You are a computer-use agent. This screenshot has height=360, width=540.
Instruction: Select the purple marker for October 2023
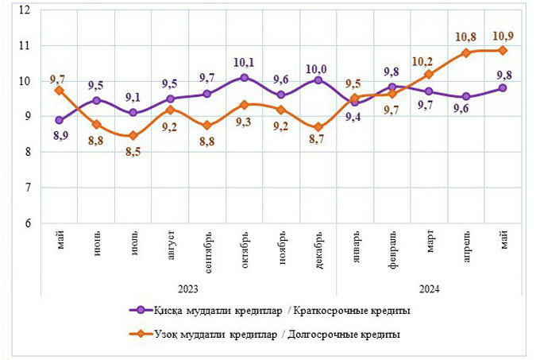244,78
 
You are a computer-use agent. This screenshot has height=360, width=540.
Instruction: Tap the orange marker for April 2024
466,53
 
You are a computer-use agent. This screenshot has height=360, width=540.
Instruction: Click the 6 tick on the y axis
26,223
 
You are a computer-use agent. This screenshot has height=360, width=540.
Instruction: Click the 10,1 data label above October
244,61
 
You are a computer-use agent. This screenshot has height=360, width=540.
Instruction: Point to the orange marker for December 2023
318,127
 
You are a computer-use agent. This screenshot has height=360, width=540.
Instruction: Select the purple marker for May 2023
60,120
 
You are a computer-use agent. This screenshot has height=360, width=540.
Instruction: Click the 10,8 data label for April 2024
465,37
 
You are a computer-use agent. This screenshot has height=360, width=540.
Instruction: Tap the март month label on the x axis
430,244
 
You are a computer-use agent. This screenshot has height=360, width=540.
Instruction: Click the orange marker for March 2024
429,75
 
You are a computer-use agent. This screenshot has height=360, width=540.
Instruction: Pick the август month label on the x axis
171,246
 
